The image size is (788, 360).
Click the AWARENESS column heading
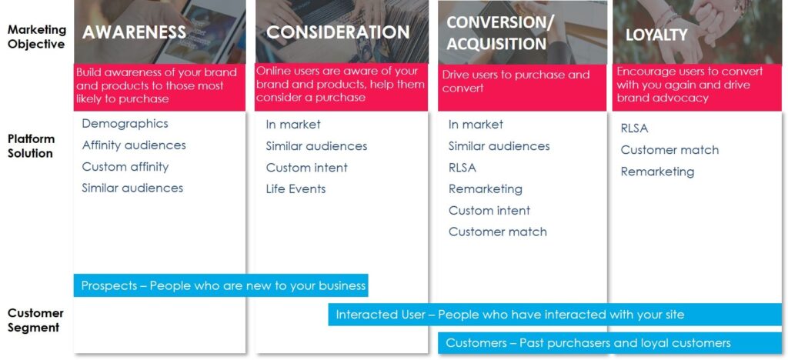pos(134,32)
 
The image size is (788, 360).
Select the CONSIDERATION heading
pos(338,32)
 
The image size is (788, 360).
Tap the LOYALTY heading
pos(656,35)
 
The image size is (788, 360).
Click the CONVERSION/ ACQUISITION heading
pos(500,33)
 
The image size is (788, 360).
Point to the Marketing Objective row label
pos(36,37)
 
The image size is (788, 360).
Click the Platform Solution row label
pos(31,146)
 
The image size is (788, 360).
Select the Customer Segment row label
pos(35,320)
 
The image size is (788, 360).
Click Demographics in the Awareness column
pos(125,123)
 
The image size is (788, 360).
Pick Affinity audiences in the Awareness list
pos(134,145)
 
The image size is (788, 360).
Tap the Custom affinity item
pos(125,166)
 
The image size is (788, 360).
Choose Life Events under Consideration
pos(295,188)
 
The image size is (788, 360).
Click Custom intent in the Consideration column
pos(306,167)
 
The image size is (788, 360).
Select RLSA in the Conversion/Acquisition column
pos(462,167)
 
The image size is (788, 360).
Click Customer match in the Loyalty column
pos(669,150)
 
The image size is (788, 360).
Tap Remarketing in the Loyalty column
pos(657,172)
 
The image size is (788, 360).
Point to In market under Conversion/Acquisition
pos(476,124)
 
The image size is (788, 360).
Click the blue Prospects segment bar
pos(221,285)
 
